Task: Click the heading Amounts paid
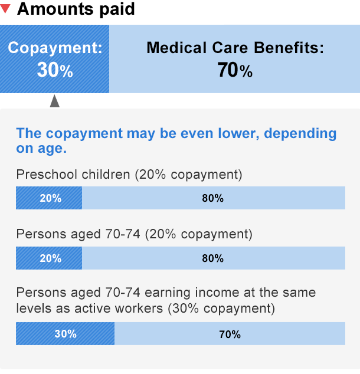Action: point(76,9)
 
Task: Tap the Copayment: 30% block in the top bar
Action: point(54,59)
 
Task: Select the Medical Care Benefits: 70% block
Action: point(235,59)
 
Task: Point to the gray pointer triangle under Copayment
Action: point(55,101)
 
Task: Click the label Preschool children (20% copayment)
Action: point(129,175)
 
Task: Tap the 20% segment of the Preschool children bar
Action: point(50,198)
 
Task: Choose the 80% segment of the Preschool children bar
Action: point(212,198)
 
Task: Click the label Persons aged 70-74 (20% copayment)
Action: point(134,234)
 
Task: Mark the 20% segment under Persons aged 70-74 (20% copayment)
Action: point(50,258)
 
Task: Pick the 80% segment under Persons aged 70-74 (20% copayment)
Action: point(212,258)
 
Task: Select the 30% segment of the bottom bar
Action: point(65,334)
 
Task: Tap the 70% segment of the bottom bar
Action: point(230,334)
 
